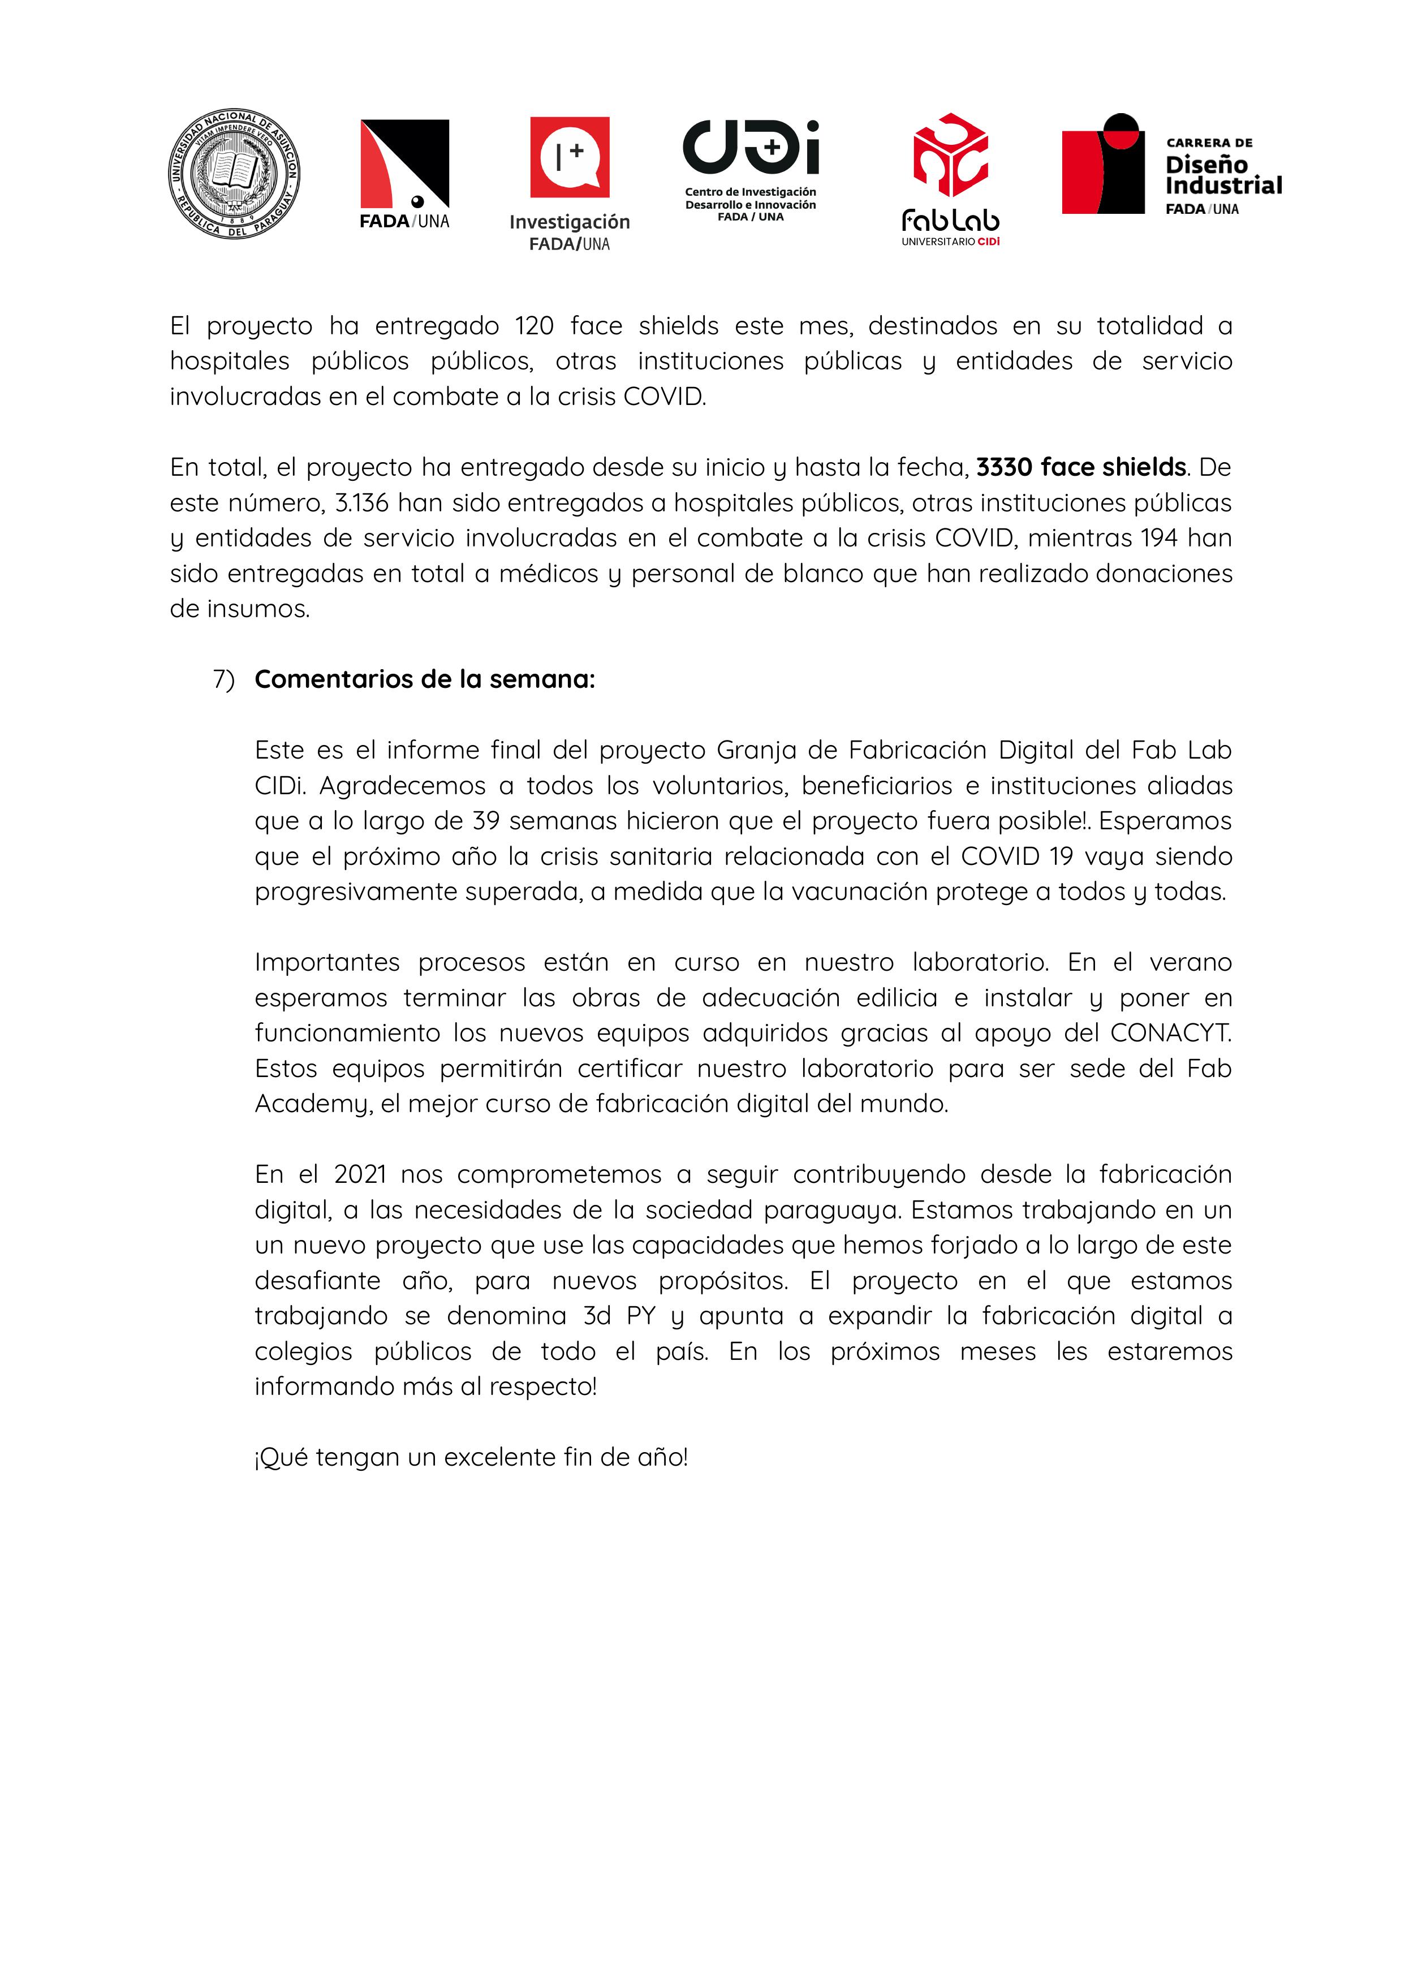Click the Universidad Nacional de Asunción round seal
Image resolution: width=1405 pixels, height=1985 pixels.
234,174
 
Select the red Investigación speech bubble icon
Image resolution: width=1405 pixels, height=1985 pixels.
569,157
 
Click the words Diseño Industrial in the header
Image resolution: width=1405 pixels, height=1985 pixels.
1222,175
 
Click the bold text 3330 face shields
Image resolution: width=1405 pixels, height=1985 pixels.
1080,467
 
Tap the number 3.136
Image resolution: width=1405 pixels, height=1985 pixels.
361,503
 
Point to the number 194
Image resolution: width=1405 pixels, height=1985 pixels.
1158,538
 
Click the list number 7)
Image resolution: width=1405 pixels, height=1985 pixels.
223,679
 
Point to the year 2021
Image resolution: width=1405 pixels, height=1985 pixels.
359,1174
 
